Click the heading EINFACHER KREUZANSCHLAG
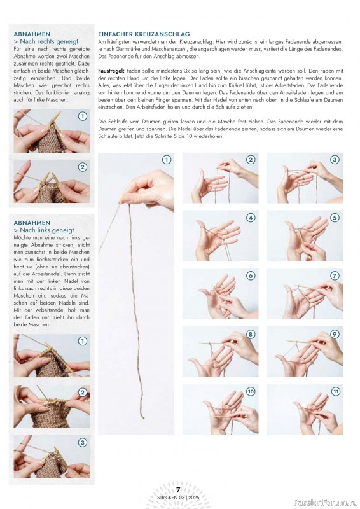[x=144, y=34]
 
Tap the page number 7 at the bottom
[x=178, y=490]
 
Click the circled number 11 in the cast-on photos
[x=335, y=391]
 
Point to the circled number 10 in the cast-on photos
[x=251, y=391]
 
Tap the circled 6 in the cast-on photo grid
[x=251, y=276]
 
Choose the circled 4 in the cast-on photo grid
[x=251, y=218]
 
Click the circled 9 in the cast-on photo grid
[x=335, y=334]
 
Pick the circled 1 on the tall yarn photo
[x=167, y=160]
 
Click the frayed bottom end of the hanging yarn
[x=143, y=418]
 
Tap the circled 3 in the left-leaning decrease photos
[x=83, y=443]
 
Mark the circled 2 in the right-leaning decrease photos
[x=83, y=167]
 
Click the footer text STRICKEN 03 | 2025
[x=178, y=498]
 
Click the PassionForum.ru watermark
[x=326, y=503]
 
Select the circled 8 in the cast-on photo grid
[x=251, y=334]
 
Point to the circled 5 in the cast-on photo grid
[x=335, y=218]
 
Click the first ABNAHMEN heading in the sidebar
[x=32, y=34]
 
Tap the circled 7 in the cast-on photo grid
[x=335, y=276]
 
